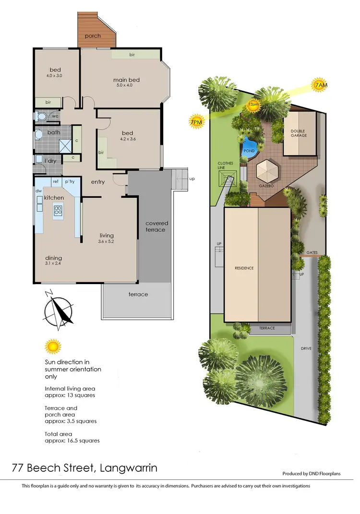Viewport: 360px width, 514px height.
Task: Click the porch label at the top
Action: [93, 36]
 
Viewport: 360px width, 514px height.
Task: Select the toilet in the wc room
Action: [42, 116]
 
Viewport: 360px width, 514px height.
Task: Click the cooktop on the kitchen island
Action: [58, 210]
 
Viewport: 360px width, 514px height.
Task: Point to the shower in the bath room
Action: [64, 145]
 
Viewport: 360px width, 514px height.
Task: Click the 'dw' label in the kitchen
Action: [38, 190]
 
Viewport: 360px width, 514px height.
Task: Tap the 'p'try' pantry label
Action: [70, 181]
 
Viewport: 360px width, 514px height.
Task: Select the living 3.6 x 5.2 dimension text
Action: [107, 242]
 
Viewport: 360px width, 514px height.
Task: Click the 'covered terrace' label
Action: [155, 227]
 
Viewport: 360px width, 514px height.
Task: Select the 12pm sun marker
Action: [252, 104]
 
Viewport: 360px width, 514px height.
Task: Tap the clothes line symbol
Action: [227, 179]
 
